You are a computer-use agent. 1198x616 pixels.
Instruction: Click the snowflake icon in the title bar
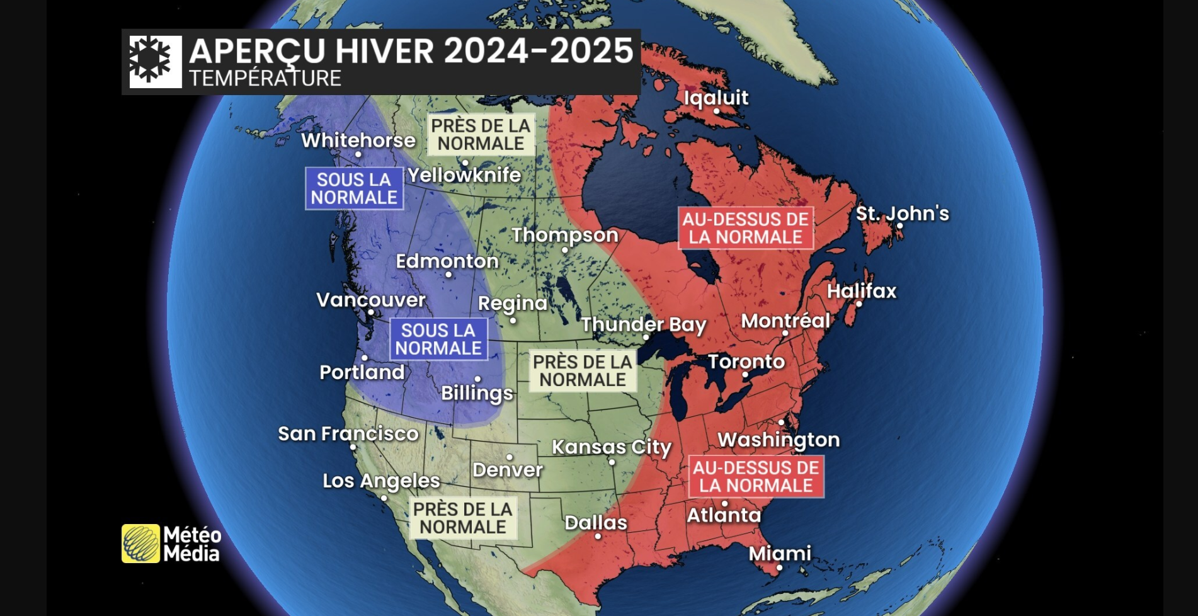[x=151, y=61]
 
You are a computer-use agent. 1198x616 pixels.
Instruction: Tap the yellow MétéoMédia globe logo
[x=140, y=544]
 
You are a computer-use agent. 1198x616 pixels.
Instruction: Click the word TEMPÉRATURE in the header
[x=265, y=79]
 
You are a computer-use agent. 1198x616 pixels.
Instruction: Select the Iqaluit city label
[x=716, y=98]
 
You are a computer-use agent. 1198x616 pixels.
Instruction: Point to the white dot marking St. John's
[x=900, y=226]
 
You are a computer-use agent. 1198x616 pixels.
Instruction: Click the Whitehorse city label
[x=358, y=140]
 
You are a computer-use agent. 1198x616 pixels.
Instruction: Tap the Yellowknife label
[x=464, y=175]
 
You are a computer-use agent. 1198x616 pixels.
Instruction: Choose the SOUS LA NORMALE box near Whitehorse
[x=354, y=188]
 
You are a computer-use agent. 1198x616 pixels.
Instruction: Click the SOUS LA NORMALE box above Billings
[x=438, y=339]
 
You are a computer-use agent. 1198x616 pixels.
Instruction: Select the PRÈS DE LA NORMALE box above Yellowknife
[x=481, y=134]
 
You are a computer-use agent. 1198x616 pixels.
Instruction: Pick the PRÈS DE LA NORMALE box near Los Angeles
[x=463, y=518]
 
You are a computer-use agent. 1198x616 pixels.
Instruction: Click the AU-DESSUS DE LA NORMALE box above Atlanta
[x=756, y=477]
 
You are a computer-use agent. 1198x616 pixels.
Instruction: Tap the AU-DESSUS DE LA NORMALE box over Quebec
[x=745, y=228]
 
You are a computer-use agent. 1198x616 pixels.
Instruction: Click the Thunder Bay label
[x=643, y=324]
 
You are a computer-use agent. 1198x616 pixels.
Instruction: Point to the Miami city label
[x=780, y=553]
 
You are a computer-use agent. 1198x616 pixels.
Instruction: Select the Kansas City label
[x=612, y=447]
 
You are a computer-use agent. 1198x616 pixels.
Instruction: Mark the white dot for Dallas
[x=598, y=537]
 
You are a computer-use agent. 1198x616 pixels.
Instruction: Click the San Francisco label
[x=348, y=433]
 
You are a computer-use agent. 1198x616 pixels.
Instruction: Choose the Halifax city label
[x=861, y=291]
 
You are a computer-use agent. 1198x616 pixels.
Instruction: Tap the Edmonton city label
[x=447, y=261]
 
